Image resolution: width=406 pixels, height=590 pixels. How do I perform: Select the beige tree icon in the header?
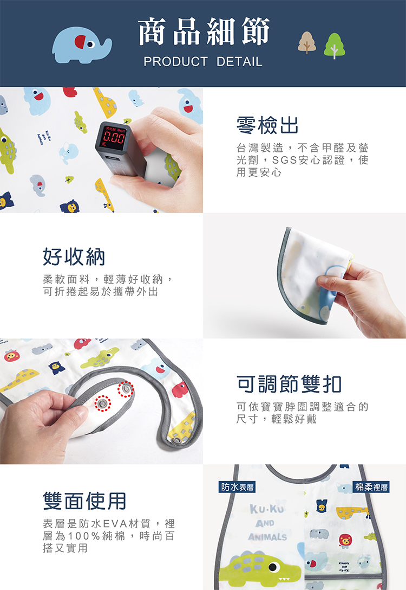307,42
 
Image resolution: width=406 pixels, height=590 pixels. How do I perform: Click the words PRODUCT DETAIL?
203,61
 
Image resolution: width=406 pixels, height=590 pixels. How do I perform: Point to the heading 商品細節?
204,31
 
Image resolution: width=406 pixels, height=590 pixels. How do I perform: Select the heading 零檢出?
267,125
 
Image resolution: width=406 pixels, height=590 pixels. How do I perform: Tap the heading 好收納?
74,256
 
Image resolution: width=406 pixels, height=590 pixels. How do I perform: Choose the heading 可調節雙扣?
289,384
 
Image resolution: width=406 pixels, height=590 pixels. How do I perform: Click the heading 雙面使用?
84,501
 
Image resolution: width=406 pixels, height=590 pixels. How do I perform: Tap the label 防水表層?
237,487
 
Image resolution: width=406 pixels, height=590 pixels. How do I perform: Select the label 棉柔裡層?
371,487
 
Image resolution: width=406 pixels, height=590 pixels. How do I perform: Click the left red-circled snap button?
102,404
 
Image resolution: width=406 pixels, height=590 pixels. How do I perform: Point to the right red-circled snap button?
126,389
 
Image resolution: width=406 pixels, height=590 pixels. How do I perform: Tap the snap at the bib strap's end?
176,440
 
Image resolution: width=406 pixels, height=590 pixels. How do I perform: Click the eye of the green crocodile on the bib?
274,567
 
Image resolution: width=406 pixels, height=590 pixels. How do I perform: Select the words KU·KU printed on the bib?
267,509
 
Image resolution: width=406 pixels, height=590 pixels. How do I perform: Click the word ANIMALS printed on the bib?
267,537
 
